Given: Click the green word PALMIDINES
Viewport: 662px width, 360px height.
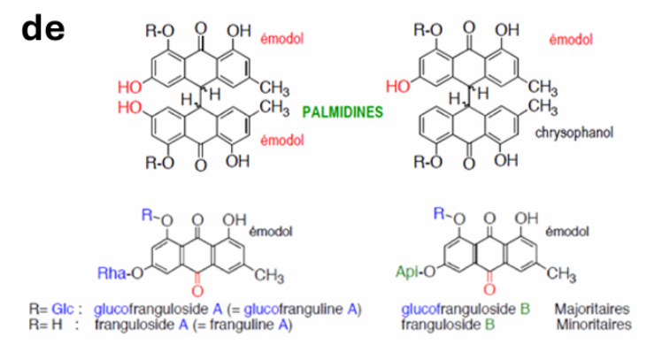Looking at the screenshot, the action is coord(343,112).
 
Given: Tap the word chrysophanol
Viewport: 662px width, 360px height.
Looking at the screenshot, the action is coord(574,133).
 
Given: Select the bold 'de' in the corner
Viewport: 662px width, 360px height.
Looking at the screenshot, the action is coord(43,28).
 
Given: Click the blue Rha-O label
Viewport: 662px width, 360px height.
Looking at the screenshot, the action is coord(120,273).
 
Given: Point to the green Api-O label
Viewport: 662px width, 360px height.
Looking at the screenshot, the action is coord(415,272).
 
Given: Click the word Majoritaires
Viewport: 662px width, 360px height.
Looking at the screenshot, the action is coord(592,309).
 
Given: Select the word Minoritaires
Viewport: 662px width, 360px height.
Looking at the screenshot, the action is coord(594,325).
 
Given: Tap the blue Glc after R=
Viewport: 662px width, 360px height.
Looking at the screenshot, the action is coord(63,310).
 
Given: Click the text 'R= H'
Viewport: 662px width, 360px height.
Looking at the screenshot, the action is coord(46,325).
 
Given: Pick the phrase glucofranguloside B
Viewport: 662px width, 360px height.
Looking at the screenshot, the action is coord(466,310).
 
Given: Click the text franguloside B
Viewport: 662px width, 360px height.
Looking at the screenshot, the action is coord(448,325).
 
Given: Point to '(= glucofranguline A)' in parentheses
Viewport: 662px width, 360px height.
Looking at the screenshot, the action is coord(294,310).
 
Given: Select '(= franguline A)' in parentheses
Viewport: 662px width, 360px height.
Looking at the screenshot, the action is coord(242,325).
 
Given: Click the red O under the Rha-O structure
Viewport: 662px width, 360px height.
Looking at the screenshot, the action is coord(197,291).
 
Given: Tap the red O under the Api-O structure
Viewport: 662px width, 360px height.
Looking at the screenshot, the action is coord(489,289).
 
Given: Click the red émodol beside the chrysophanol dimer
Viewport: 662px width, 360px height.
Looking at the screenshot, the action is coord(571,40).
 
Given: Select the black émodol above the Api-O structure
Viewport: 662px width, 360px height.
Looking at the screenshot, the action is coord(567,232).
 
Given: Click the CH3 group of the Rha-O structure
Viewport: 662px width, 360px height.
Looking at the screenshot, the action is coord(269,277).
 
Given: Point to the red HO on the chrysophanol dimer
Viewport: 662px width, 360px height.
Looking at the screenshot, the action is coord(397,87).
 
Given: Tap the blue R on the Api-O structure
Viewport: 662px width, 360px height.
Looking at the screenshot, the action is coord(439,214).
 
